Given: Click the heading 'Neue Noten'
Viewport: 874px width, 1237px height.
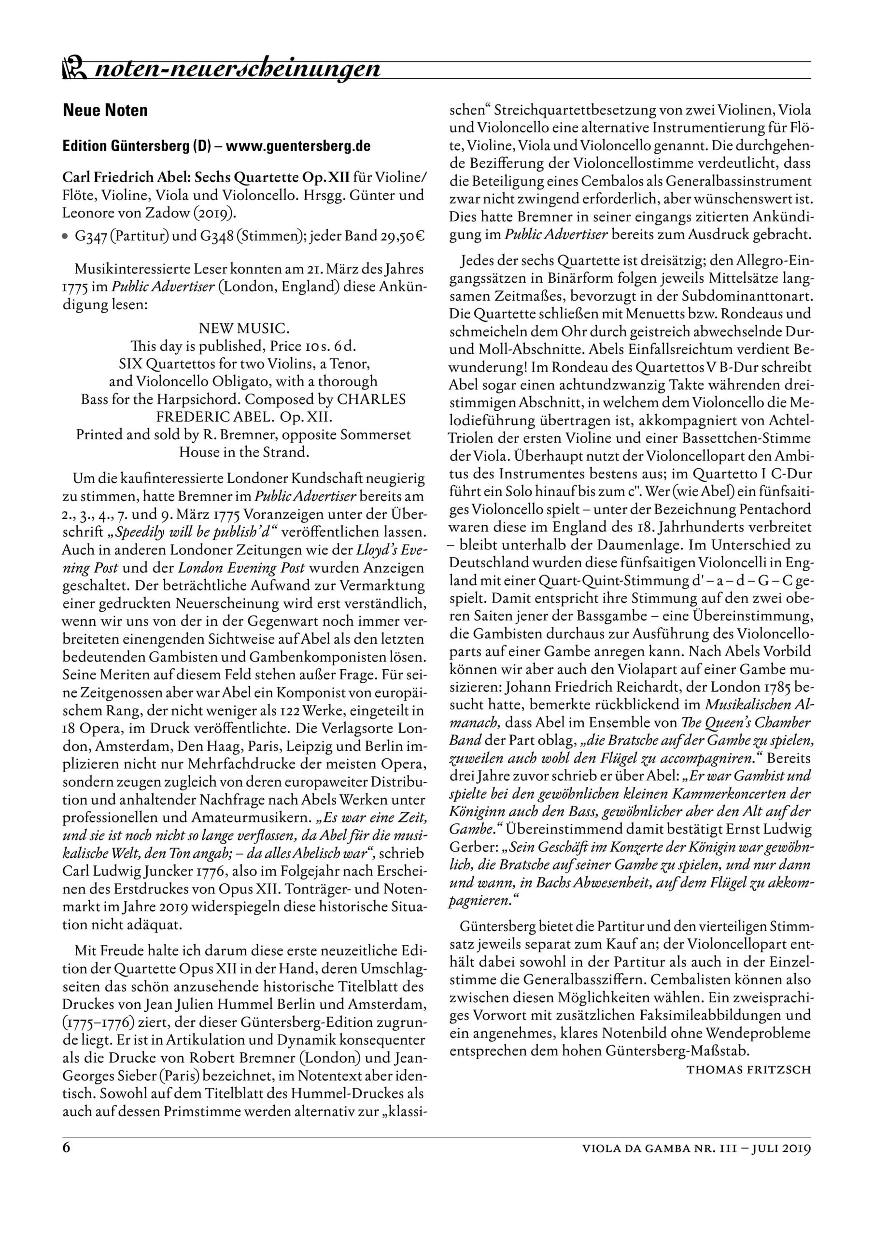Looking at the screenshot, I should point(105,111).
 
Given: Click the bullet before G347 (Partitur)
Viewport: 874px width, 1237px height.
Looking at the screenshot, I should point(66,237).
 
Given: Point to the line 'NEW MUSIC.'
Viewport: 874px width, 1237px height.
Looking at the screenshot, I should point(244,328).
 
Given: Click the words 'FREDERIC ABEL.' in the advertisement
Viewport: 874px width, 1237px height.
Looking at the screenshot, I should point(206,417).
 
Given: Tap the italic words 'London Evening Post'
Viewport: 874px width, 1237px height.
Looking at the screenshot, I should point(241,568).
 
